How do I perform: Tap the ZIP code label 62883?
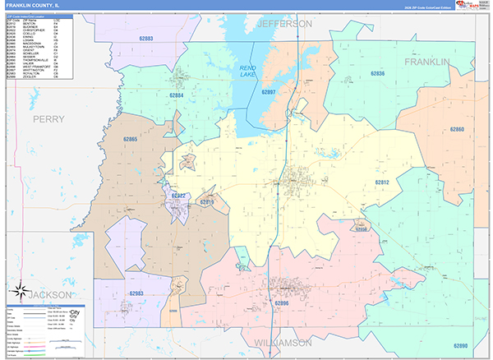149,39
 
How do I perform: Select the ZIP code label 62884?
177,95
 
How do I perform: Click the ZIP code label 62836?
377,74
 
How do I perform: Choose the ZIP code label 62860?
458,129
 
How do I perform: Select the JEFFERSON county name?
285,24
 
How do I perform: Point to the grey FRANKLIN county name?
427,62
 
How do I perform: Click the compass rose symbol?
19,289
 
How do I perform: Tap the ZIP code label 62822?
179,196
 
